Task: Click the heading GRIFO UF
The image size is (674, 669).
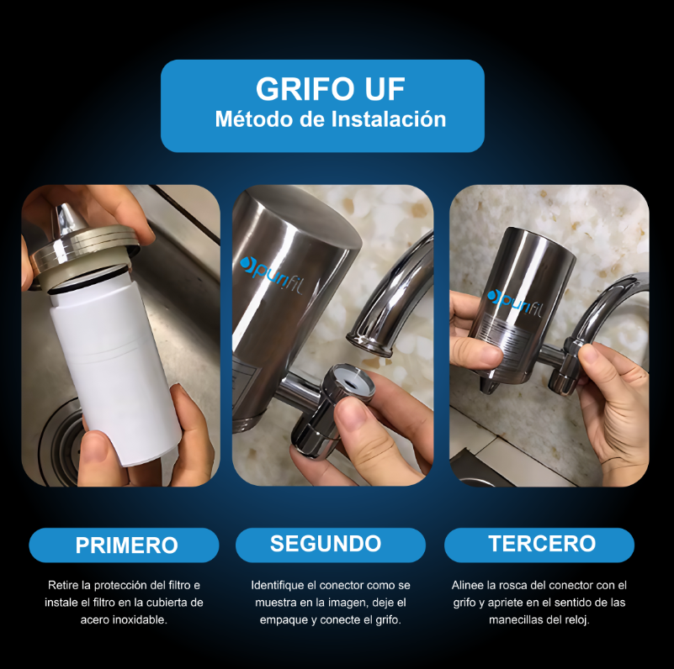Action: tap(322, 89)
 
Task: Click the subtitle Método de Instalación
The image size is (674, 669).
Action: tap(330, 119)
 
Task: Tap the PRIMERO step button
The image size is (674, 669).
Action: tap(126, 545)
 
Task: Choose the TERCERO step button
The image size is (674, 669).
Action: tap(542, 544)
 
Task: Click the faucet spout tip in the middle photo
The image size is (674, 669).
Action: tap(371, 339)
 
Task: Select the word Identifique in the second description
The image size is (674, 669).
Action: tap(279, 585)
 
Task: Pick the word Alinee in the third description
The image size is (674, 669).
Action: tap(468, 585)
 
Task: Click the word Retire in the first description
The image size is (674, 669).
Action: tap(61, 585)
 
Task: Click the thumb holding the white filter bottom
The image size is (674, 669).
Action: tap(189, 437)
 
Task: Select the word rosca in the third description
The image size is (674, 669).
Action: tap(512, 585)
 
